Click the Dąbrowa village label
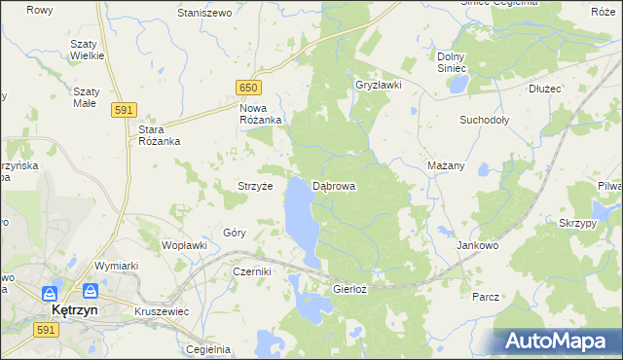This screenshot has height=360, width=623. pos(334,186)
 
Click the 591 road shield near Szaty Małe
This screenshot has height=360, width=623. pos(123,111)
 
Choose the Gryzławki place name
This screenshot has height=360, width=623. pos(379,85)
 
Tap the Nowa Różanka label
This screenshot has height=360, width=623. pos(261,114)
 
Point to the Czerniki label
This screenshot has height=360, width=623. pos(251,272)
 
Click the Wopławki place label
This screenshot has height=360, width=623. pos(184,245)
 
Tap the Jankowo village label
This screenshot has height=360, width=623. pos(477,246)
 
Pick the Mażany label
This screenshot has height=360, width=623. pos(446,165)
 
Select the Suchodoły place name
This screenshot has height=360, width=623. pos(485,120)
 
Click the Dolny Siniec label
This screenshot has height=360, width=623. pos(453,62)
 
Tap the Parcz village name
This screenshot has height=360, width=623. pos(485,296)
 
